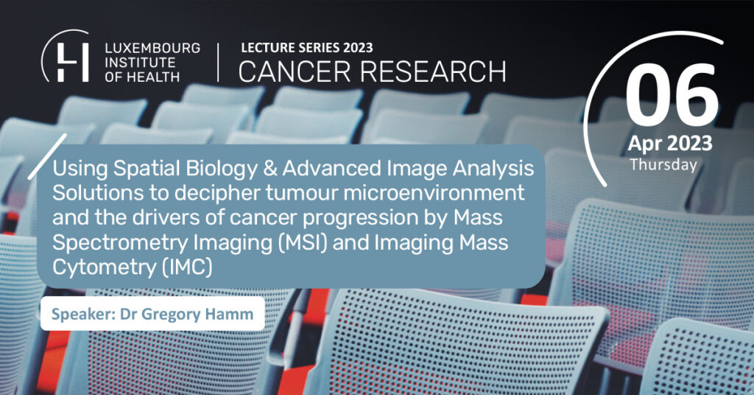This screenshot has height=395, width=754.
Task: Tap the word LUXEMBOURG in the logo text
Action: (152, 48)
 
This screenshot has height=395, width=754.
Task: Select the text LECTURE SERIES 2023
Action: (307, 48)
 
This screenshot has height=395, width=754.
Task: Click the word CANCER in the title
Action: (295, 71)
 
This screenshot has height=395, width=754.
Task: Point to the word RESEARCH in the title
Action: (433, 71)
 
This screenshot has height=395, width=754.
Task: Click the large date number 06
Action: (672, 96)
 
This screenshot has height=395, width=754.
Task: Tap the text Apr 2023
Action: (670, 144)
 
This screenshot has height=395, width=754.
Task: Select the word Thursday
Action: (663, 164)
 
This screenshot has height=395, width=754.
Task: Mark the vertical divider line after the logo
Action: (218, 63)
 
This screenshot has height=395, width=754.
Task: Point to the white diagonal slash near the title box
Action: (47, 156)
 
